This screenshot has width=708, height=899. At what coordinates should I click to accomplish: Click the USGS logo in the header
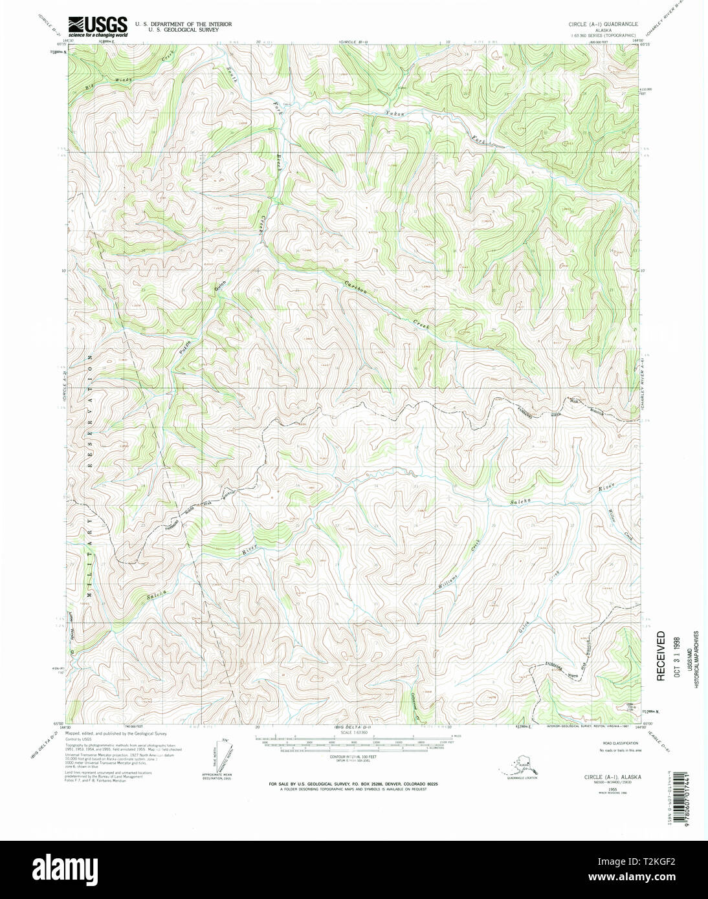click(x=97, y=25)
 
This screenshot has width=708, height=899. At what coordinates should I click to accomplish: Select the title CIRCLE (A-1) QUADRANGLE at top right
click(x=604, y=24)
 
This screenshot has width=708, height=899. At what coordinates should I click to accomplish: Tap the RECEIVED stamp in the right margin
click(x=661, y=656)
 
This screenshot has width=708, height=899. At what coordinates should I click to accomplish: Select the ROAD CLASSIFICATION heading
click(x=617, y=744)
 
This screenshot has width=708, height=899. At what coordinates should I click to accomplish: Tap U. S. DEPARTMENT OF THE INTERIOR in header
click(x=183, y=24)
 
